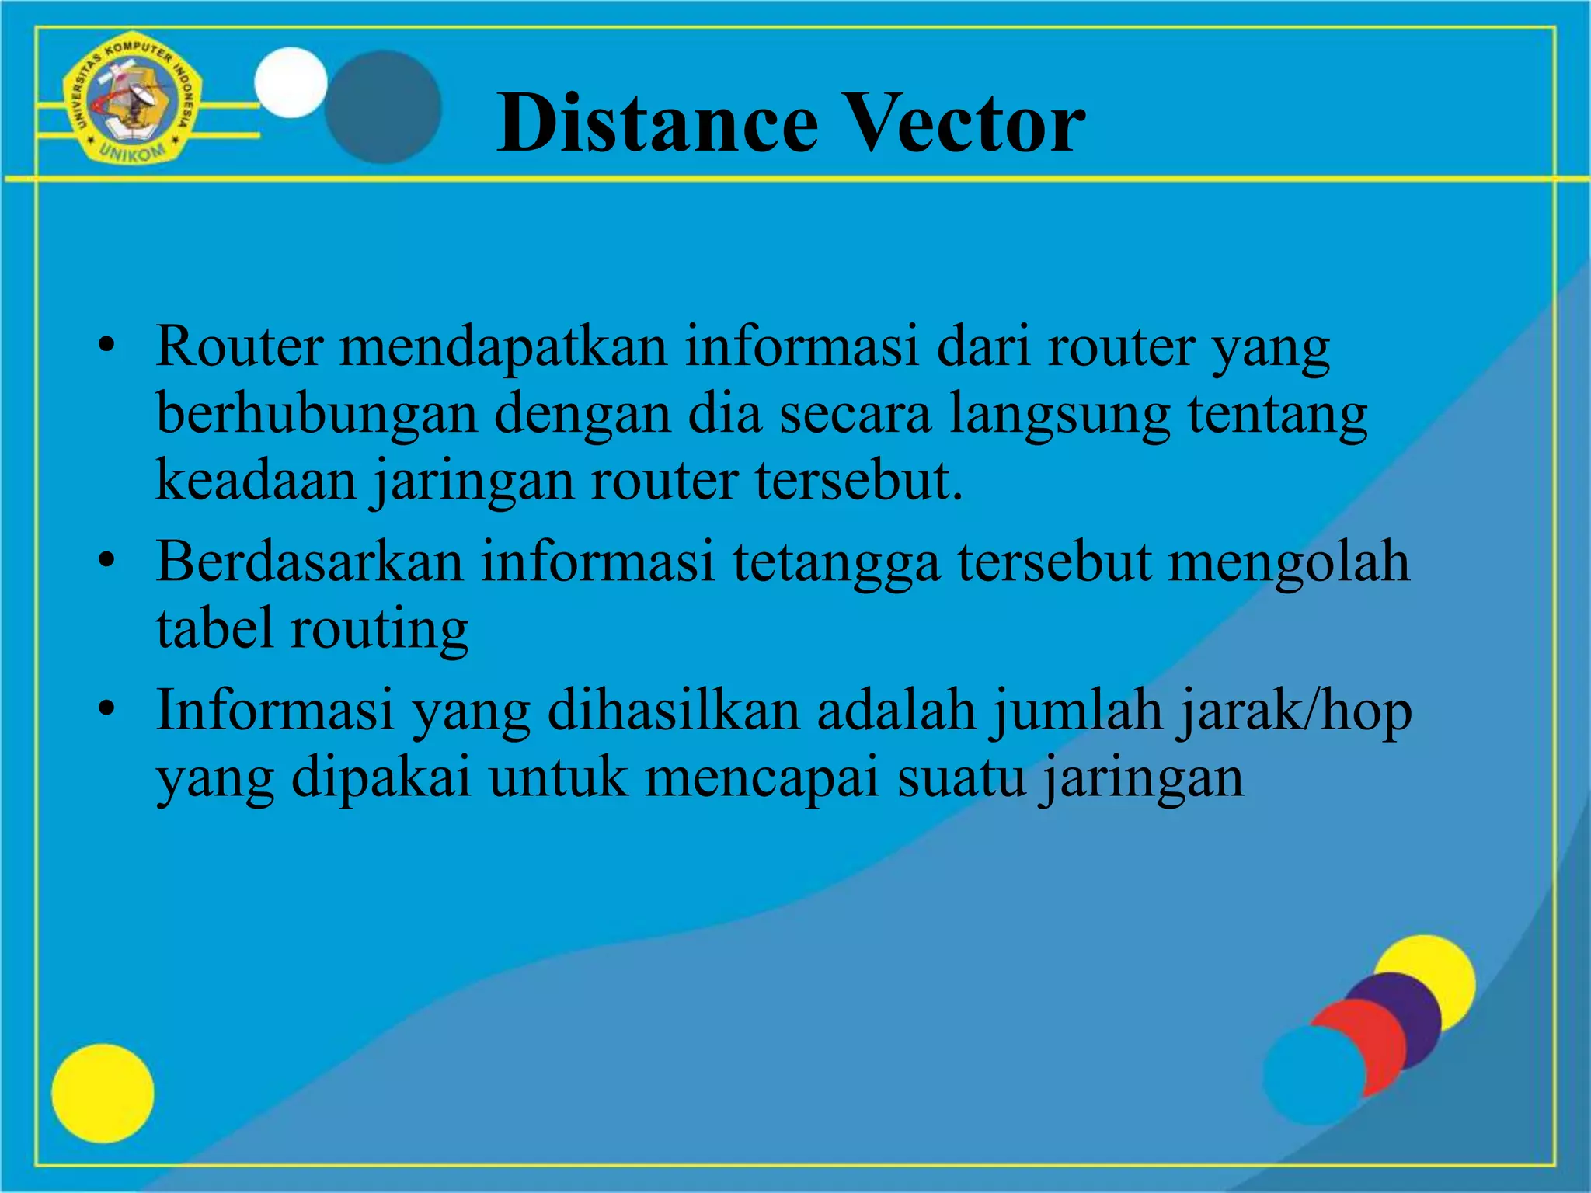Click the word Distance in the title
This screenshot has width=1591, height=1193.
pos(657,123)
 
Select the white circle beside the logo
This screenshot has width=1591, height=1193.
pos(291,82)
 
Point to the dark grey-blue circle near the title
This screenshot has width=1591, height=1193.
pos(382,107)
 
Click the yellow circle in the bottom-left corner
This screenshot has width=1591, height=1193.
pos(103,1093)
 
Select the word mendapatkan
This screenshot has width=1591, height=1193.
pos(503,346)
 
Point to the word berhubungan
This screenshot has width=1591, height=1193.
pos(316,414)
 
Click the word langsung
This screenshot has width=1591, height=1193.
pos(1060,414)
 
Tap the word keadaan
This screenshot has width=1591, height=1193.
pos(256,480)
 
